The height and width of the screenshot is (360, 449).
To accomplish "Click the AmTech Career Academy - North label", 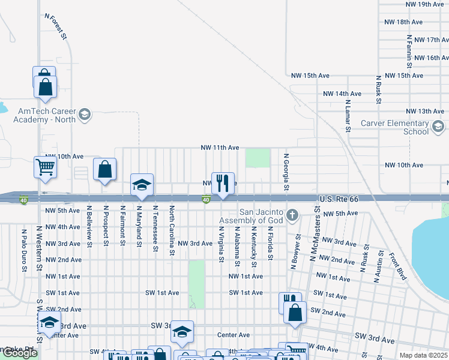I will pos(46,115).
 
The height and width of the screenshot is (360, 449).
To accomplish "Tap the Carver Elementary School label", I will pos(394,127).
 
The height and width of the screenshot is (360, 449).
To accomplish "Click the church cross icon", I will pos(292,215).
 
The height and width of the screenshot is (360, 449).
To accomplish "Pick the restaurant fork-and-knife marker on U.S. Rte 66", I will pos(223,184).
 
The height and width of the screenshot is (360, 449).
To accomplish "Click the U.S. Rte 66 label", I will pos(339,198).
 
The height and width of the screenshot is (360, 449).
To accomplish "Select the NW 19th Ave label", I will pos(424,4).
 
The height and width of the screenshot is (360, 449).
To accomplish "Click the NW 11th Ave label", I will pos(220,148).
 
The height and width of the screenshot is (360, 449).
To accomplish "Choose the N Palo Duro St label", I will pos(25,250).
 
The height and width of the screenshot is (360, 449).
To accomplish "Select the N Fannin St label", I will pos(408,50).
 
